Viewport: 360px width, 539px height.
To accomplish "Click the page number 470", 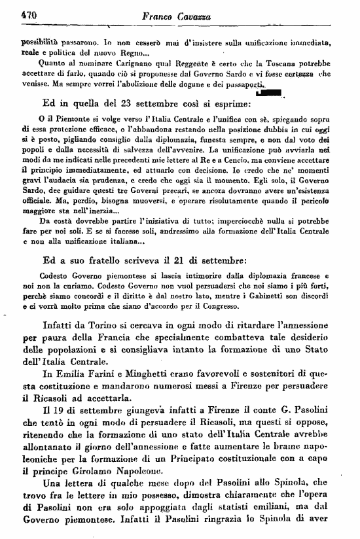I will click(x=27, y=12).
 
